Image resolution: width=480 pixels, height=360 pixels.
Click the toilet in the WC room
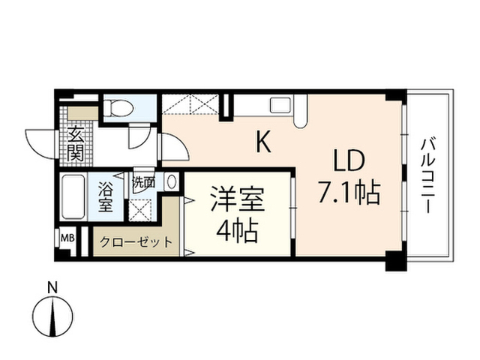tap(118, 108)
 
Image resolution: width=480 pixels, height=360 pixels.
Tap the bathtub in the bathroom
tap(73, 196)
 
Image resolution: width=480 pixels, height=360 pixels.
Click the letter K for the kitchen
tap(263, 142)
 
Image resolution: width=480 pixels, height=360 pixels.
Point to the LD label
tap(349, 160)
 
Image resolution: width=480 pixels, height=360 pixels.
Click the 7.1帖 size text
tap(349, 193)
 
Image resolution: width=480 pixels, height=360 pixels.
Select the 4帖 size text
tap(236, 231)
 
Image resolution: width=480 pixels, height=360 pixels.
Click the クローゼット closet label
tap(136, 242)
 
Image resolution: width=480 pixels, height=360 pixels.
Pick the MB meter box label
tap(67, 238)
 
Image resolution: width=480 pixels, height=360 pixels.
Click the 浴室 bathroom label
tap(106, 196)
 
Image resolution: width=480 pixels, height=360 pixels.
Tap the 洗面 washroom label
tap(143, 183)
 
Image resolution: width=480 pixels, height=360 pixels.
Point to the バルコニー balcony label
tap(427, 175)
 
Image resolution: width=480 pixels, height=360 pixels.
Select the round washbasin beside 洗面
tap(172, 181)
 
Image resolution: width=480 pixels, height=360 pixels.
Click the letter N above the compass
tap(52, 288)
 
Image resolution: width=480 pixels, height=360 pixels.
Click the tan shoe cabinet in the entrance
tap(83, 113)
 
